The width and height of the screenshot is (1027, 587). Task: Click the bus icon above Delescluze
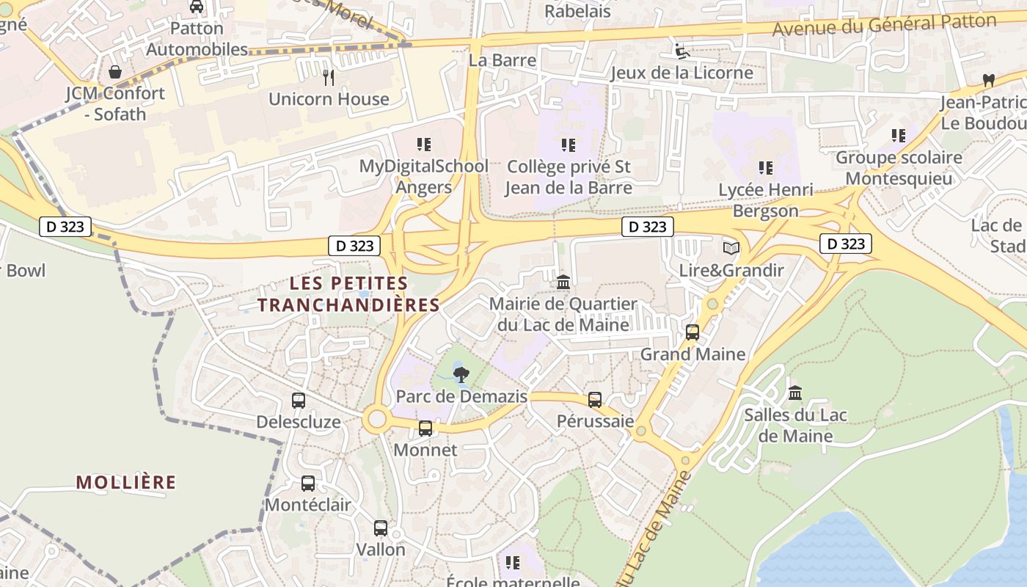click(x=299, y=401)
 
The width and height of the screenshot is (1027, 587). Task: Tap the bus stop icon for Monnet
click(x=425, y=429)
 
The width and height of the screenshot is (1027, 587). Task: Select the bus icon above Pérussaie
click(x=595, y=400)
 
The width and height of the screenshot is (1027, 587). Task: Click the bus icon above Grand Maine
click(x=692, y=332)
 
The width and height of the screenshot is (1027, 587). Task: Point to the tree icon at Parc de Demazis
click(x=461, y=376)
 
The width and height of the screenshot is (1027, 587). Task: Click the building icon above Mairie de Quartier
click(x=563, y=282)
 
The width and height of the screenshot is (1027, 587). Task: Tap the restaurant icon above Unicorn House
click(x=329, y=77)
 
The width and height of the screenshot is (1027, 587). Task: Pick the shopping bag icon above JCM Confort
click(x=115, y=72)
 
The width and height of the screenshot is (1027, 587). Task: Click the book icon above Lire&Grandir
click(x=731, y=249)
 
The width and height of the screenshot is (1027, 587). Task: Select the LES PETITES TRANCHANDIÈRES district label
click(x=348, y=293)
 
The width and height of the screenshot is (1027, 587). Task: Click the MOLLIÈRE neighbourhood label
click(x=126, y=482)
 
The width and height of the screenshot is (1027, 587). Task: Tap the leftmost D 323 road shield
click(x=65, y=227)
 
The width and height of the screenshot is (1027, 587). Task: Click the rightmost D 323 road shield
click(x=846, y=244)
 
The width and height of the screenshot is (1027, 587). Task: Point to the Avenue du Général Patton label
click(x=884, y=25)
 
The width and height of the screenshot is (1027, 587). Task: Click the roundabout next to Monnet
click(x=376, y=420)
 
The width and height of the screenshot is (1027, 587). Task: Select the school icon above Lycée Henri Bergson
click(x=766, y=168)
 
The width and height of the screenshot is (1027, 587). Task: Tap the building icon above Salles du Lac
click(x=795, y=393)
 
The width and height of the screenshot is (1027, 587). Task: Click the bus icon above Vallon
click(x=381, y=528)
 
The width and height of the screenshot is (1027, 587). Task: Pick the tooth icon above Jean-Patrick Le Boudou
click(x=987, y=80)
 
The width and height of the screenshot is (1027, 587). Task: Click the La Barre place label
click(x=502, y=60)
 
